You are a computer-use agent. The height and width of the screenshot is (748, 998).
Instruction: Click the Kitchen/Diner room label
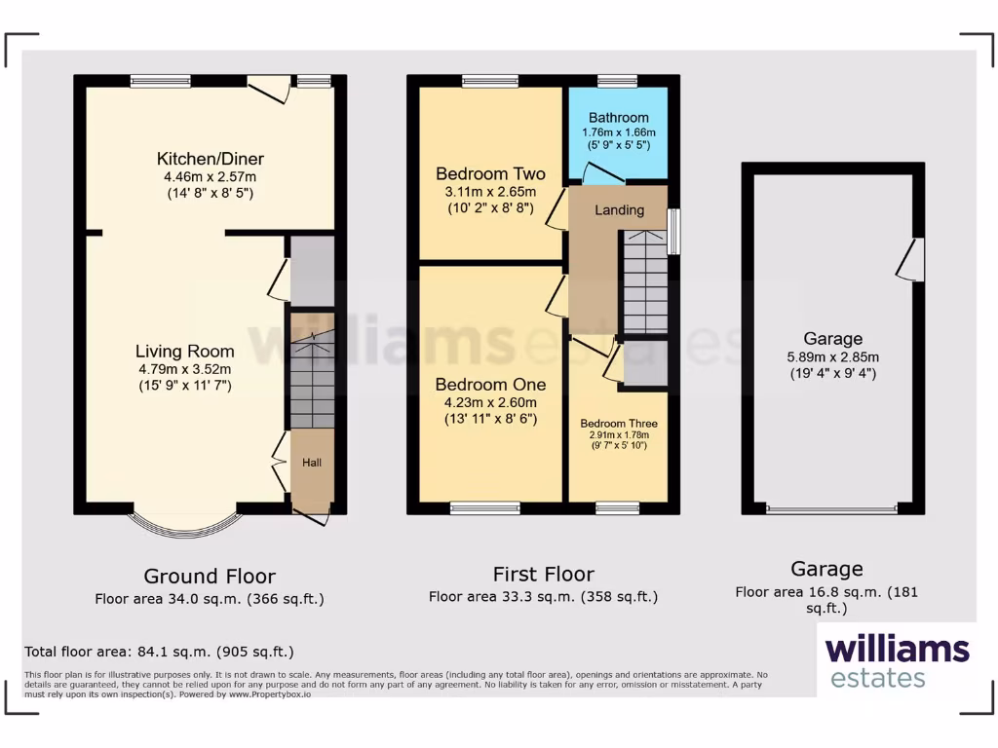pyautogui.click(x=211, y=159)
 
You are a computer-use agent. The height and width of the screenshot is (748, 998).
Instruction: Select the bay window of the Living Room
pyautogui.click(x=184, y=524)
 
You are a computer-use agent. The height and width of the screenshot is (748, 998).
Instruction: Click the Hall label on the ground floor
pyautogui.click(x=312, y=463)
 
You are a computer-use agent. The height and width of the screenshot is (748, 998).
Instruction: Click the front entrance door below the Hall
pyautogui.click(x=315, y=513)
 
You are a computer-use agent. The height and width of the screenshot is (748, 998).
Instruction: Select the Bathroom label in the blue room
pyautogui.click(x=618, y=118)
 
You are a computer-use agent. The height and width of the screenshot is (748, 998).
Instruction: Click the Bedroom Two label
pyautogui.click(x=490, y=174)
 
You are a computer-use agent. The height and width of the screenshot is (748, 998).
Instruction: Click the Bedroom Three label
pyautogui.click(x=618, y=424)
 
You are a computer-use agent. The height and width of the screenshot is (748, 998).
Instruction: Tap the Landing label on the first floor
pyautogui.click(x=619, y=210)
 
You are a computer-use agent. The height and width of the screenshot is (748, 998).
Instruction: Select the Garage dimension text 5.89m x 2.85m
pyautogui.click(x=832, y=356)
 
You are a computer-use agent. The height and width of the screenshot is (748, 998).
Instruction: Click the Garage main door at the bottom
pyautogui.click(x=831, y=508)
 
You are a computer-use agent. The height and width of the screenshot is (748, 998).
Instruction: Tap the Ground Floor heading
pyautogui.click(x=210, y=577)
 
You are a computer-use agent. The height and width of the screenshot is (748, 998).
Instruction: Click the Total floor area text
pyautogui.click(x=159, y=652)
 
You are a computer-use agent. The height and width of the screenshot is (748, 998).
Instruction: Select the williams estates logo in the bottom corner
pyautogui.click(x=897, y=660)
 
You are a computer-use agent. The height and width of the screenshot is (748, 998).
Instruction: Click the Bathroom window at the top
pyautogui.click(x=617, y=82)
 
